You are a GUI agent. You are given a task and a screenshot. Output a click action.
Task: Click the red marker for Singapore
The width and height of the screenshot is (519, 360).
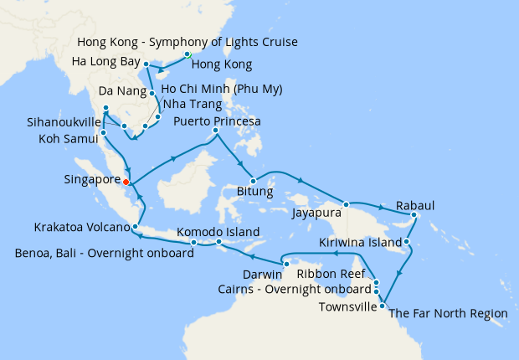click(x=126, y=181)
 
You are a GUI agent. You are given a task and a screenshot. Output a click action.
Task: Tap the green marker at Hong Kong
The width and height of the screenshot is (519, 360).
click(x=188, y=55)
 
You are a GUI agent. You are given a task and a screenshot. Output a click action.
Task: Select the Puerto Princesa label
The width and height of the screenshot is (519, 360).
click(x=216, y=121)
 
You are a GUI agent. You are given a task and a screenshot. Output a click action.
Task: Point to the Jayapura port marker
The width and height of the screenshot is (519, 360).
click(x=346, y=203)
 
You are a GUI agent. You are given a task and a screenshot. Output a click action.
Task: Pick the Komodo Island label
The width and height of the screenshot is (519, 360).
click(x=218, y=232)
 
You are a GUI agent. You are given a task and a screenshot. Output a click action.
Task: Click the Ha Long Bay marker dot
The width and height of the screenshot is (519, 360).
click(x=146, y=64)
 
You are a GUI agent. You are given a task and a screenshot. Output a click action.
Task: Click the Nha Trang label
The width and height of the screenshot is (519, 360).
click(x=193, y=105)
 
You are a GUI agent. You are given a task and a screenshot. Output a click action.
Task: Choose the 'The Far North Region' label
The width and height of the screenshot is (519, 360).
click(x=449, y=313)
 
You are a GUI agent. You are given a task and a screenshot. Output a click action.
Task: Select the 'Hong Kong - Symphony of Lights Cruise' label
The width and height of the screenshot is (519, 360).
click(x=187, y=42)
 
